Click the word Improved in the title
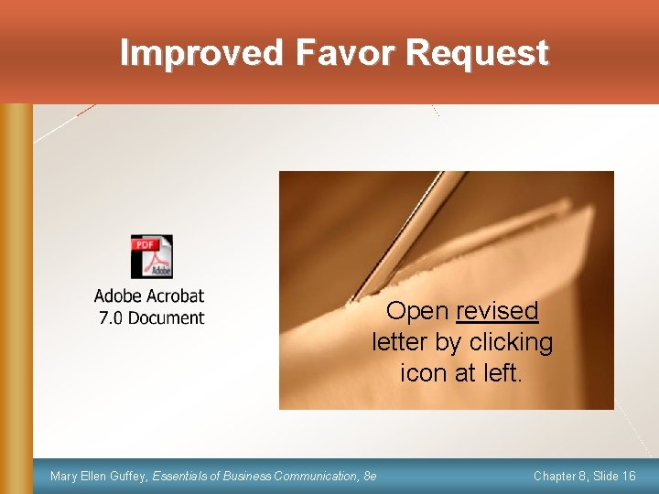click(202, 53)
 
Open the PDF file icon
click(151, 257)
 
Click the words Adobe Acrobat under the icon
click(149, 296)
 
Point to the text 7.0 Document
click(151, 318)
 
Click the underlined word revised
click(498, 311)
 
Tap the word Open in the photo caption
click(417, 311)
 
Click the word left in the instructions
click(501, 373)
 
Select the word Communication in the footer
click(312, 476)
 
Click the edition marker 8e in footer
click(370, 476)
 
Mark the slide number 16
click(628, 476)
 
